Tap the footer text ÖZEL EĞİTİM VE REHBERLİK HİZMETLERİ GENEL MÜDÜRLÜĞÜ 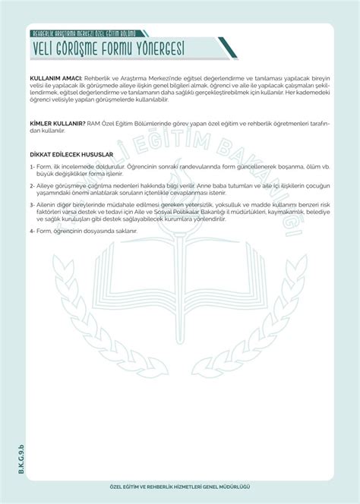[179, 486]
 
